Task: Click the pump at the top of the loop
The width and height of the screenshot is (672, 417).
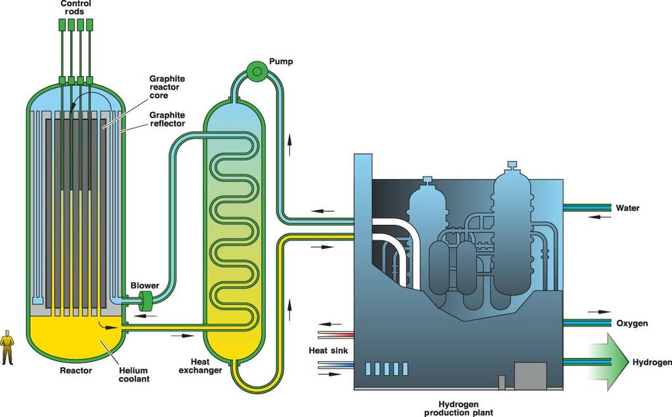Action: (x=257, y=69)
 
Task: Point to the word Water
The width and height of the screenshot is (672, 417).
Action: (x=627, y=208)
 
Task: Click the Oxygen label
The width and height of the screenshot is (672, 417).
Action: (x=632, y=323)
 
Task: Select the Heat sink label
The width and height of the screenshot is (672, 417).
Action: (x=327, y=350)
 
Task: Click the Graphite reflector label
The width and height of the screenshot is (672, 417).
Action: (x=167, y=119)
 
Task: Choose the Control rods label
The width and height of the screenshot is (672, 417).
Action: (x=76, y=7)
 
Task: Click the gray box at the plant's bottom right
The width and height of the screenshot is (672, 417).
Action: (x=530, y=375)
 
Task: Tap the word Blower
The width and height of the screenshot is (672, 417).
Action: (x=144, y=285)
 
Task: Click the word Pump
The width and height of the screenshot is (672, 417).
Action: (x=281, y=62)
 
